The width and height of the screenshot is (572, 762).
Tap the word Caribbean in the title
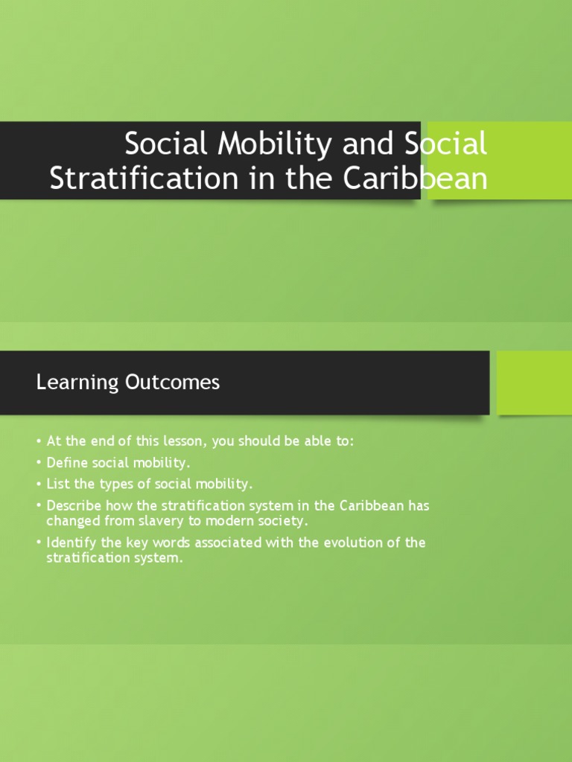412,179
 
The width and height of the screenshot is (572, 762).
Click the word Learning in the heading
67,382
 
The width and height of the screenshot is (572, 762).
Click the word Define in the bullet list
66,463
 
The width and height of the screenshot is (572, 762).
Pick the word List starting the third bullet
57,484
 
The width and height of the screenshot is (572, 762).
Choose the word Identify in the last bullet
71,542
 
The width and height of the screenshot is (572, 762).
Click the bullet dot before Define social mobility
39,464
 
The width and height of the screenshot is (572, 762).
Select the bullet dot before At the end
39,442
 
